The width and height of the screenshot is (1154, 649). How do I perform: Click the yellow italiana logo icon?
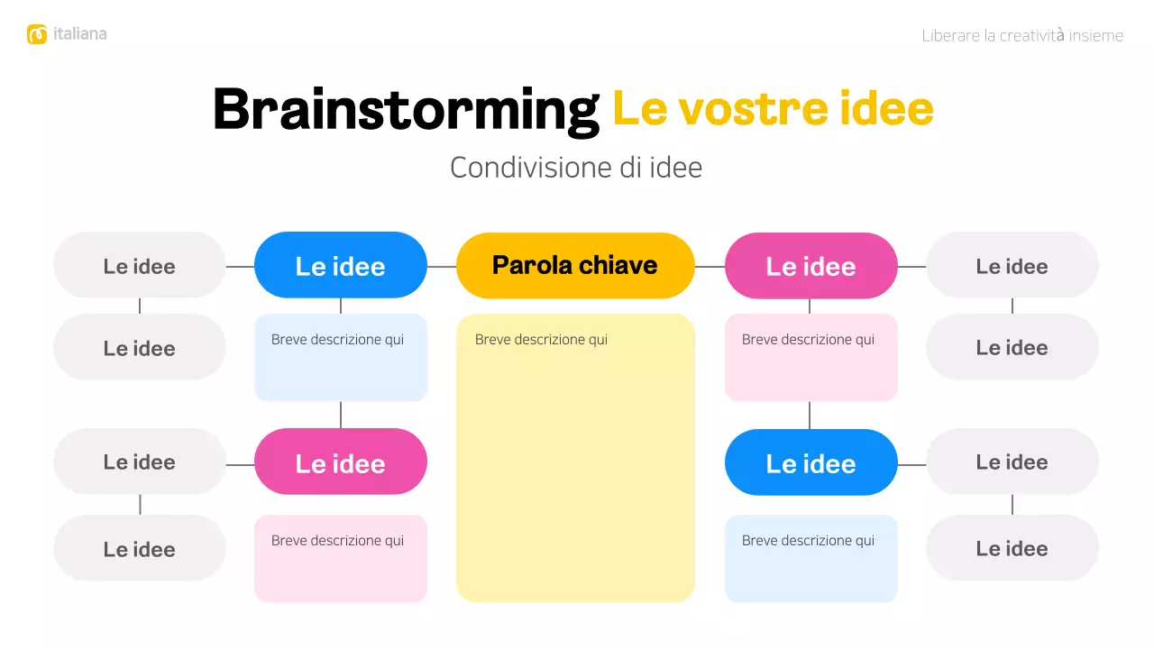coord(37,34)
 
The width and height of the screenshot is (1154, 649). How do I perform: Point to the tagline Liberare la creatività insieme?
coord(1022,36)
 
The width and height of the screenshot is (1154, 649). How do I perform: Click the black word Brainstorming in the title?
coord(406,110)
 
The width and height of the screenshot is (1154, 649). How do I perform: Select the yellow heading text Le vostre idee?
coord(773,109)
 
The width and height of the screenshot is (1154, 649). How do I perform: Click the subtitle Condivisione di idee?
coord(576,168)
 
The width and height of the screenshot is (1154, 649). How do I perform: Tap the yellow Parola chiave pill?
coord(575,266)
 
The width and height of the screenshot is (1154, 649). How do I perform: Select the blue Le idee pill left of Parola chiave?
coord(341,266)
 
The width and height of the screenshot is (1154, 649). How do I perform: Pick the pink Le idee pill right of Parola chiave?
coord(811,266)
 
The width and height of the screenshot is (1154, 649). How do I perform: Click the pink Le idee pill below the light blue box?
coord(341,462)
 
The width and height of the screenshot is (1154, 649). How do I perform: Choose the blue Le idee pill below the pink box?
coord(811,462)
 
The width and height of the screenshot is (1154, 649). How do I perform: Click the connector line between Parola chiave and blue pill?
coord(442,267)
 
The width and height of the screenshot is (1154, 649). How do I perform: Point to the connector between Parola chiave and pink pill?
coord(710,267)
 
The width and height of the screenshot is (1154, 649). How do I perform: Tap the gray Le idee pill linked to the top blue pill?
coord(140,266)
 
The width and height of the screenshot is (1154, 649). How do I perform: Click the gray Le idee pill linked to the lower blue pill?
coord(1012,462)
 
